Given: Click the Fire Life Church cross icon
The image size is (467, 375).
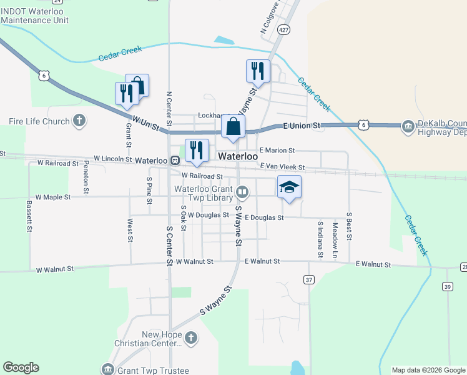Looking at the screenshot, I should tap(79, 121).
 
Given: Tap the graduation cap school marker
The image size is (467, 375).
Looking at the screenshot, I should tap(289, 187).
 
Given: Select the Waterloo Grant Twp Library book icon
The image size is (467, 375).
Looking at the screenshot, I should tap(242, 192).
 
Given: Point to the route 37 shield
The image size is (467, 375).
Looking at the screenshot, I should tap(309, 280).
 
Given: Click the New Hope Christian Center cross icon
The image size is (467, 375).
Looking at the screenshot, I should tap(191, 339).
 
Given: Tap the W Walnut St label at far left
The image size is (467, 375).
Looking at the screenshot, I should tap(55, 269).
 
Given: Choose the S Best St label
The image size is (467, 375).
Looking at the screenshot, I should tap(350, 226).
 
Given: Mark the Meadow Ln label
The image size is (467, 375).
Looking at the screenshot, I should tap(335, 233).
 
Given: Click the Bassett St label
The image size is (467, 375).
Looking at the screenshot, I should tap(29, 216).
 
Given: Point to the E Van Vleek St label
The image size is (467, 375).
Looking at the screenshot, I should tap(282, 167).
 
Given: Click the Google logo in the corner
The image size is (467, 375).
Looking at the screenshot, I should tap(21, 367).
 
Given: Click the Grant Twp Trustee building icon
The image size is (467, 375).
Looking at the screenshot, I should tap(107, 369).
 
